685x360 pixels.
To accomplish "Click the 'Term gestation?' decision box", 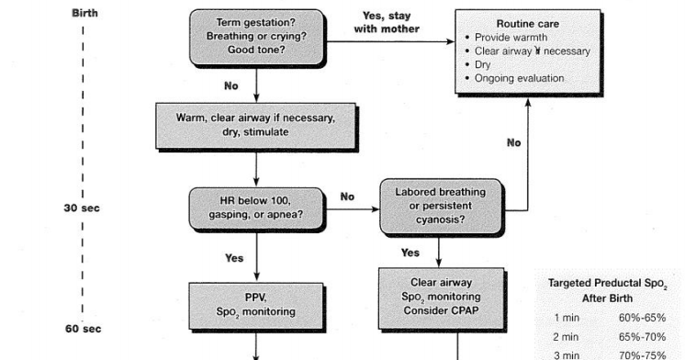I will pos(256,35).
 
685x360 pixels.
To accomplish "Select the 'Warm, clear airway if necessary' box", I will pos(256,125).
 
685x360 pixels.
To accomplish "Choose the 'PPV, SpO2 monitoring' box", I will pos(256,305).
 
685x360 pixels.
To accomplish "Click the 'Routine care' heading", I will pos(526,22).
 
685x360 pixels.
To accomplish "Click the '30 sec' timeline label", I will pos(82,208).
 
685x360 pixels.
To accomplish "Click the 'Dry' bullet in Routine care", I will pos(483,64).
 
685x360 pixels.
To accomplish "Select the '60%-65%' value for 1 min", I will pos(643,318).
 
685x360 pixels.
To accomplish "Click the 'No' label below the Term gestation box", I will pos(232,85).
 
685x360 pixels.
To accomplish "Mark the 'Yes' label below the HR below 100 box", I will pos(234,258).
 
